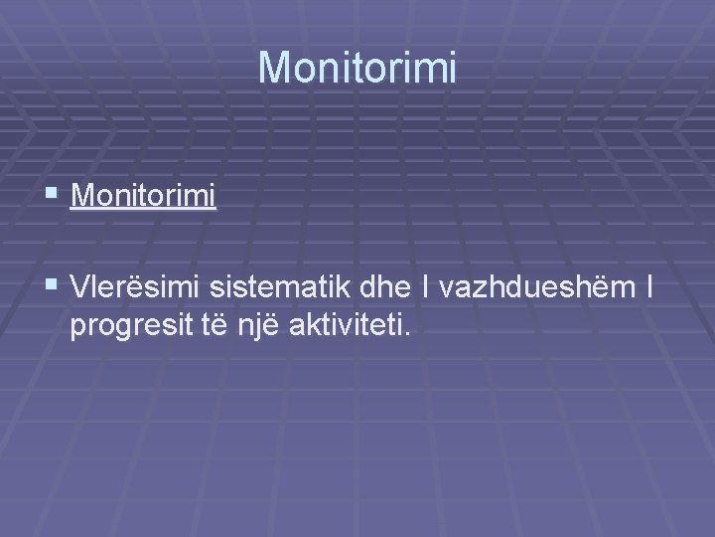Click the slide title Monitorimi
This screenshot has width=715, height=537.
pyautogui.click(x=357, y=68)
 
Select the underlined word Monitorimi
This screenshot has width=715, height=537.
pyautogui.click(x=143, y=196)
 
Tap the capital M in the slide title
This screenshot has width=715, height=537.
pyautogui.click(x=274, y=68)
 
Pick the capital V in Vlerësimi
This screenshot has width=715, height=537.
pyautogui.click(x=80, y=289)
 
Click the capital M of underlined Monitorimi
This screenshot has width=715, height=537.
pyautogui.click(x=82, y=196)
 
